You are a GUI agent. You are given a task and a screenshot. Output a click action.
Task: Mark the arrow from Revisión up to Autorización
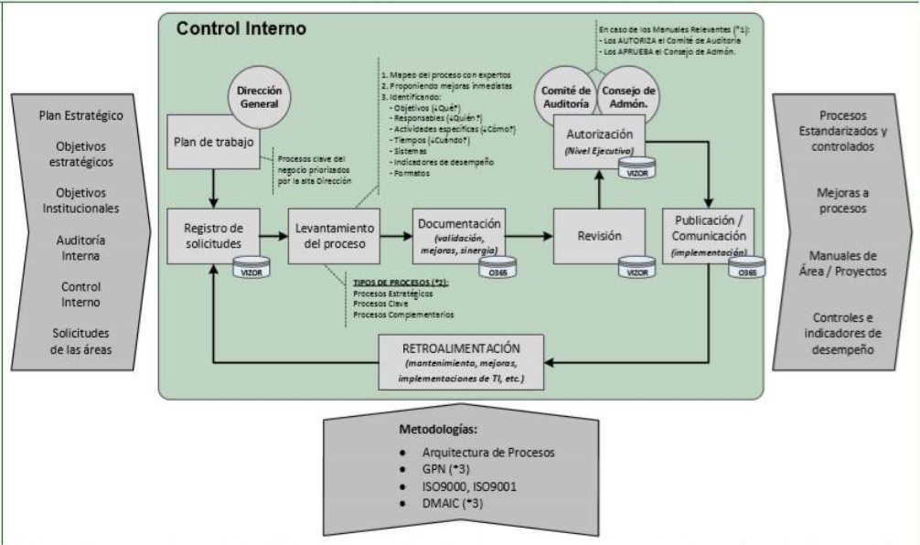click(600, 192)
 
